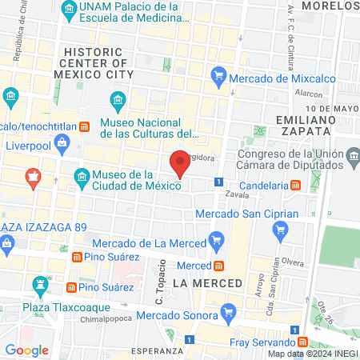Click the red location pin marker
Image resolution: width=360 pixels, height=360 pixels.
[181, 162]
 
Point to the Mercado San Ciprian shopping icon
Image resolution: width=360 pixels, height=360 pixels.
[279, 231]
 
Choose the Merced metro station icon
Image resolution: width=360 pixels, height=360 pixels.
[218, 265]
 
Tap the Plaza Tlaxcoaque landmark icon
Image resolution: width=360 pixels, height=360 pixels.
[39, 284]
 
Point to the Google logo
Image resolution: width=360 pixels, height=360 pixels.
[27, 350]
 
